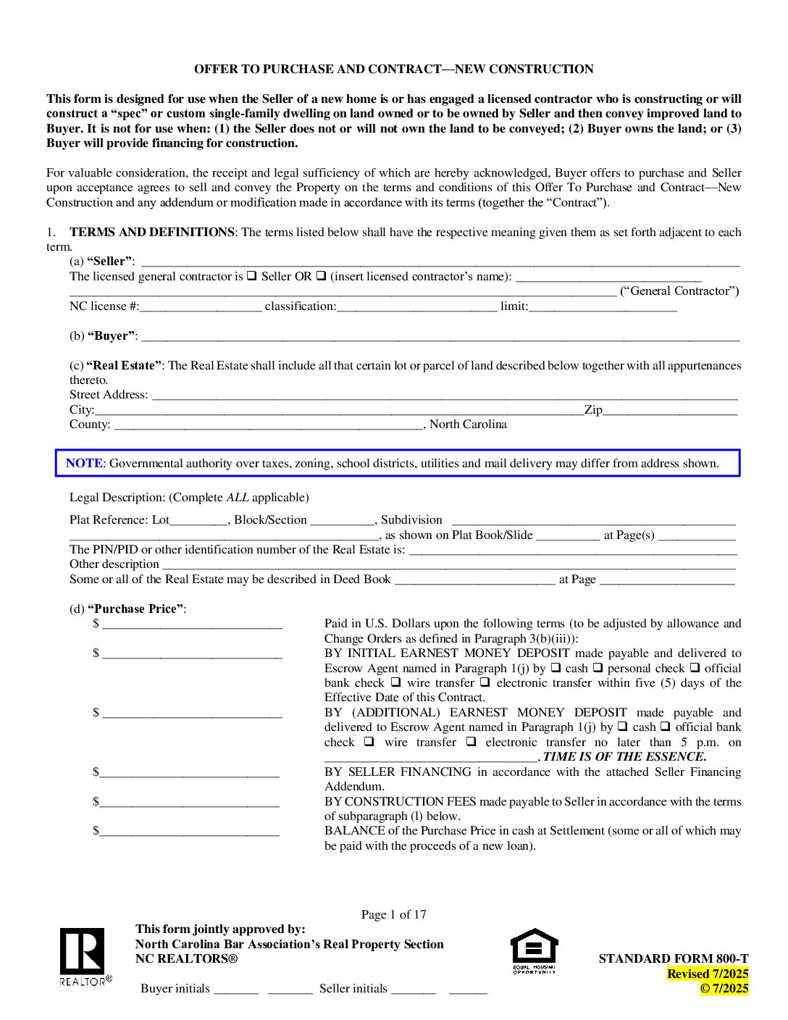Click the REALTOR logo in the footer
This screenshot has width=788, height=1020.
82,956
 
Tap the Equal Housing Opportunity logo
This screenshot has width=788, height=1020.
535,950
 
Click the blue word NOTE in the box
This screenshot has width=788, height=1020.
84,464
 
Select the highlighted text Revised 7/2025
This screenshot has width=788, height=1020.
708,974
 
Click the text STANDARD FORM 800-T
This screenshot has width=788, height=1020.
673,958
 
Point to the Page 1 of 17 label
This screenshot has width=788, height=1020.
393,914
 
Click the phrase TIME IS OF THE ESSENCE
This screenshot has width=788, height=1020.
624,756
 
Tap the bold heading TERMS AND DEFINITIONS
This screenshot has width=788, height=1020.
151,232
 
